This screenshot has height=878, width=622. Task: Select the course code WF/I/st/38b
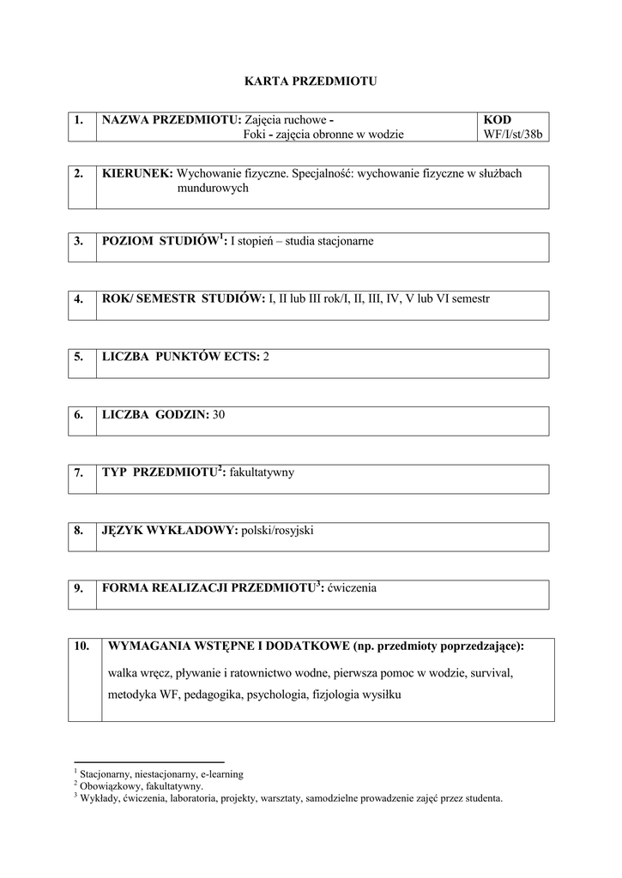pyautogui.click(x=514, y=134)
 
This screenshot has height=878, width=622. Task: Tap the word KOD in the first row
pyautogui.click(x=497, y=120)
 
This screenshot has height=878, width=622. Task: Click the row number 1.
pyautogui.click(x=78, y=120)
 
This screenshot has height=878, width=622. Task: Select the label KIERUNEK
pyautogui.click(x=136, y=173)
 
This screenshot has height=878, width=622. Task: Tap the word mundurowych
pyautogui.click(x=213, y=188)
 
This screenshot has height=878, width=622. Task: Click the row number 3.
pyautogui.click(x=78, y=241)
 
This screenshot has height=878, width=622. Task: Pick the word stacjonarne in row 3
pyautogui.click(x=345, y=241)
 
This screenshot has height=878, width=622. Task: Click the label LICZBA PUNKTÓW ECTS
pyautogui.click(x=179, y=356)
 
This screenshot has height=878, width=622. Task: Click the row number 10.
pyautogui.click(x=82, y=646)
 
